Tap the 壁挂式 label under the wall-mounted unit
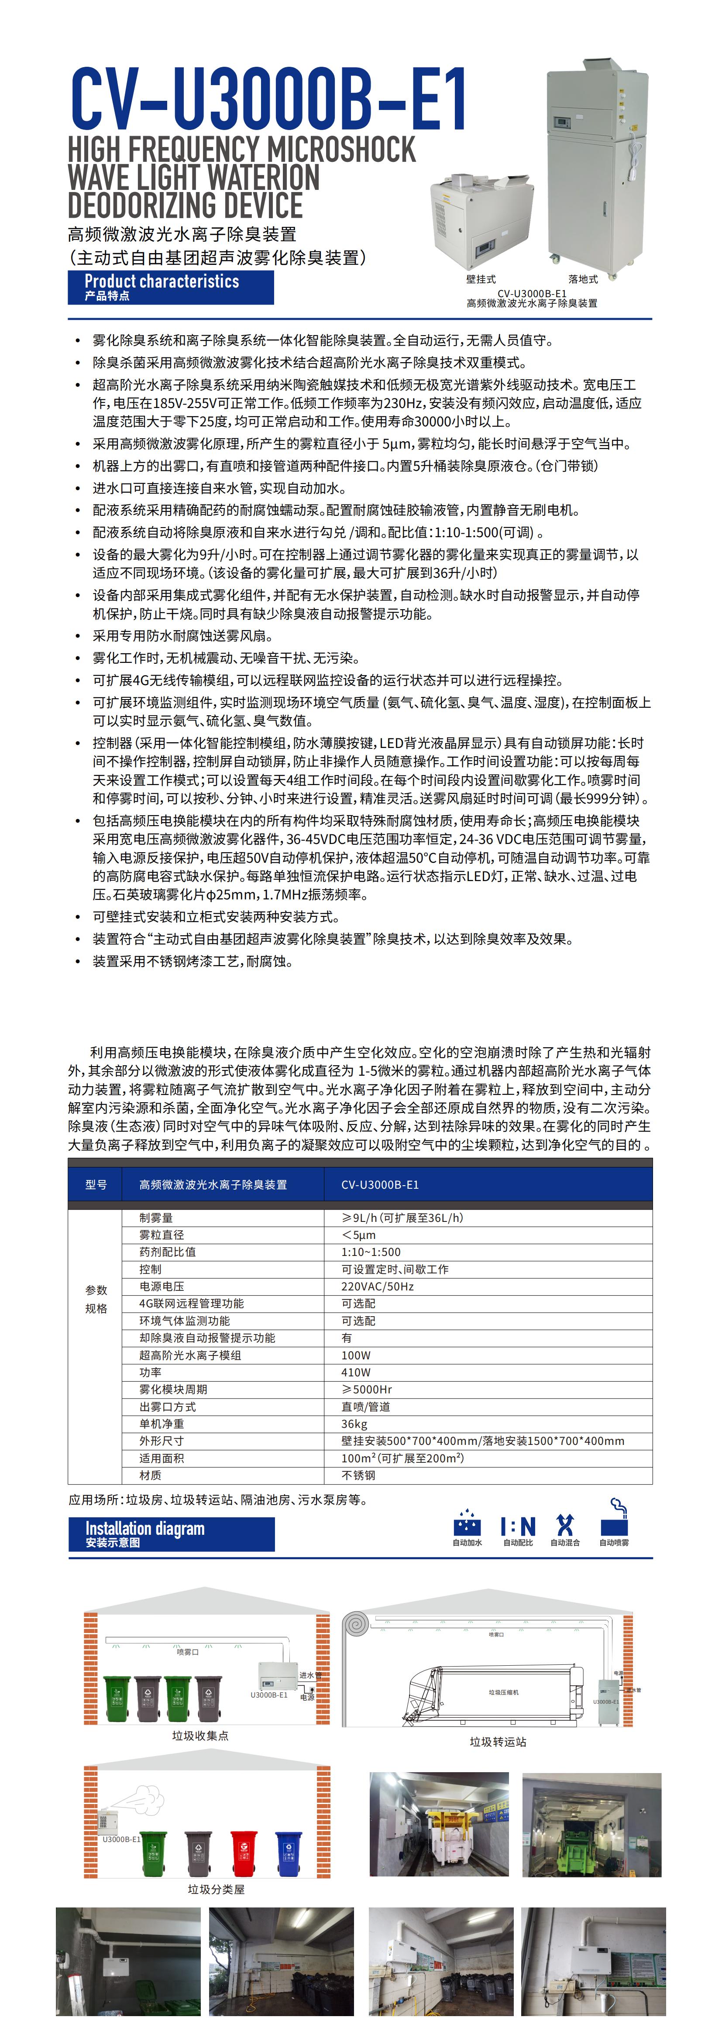481,279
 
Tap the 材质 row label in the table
151,1475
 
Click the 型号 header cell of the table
96,1184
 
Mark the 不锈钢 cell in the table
358,1475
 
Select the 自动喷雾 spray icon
614,1520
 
